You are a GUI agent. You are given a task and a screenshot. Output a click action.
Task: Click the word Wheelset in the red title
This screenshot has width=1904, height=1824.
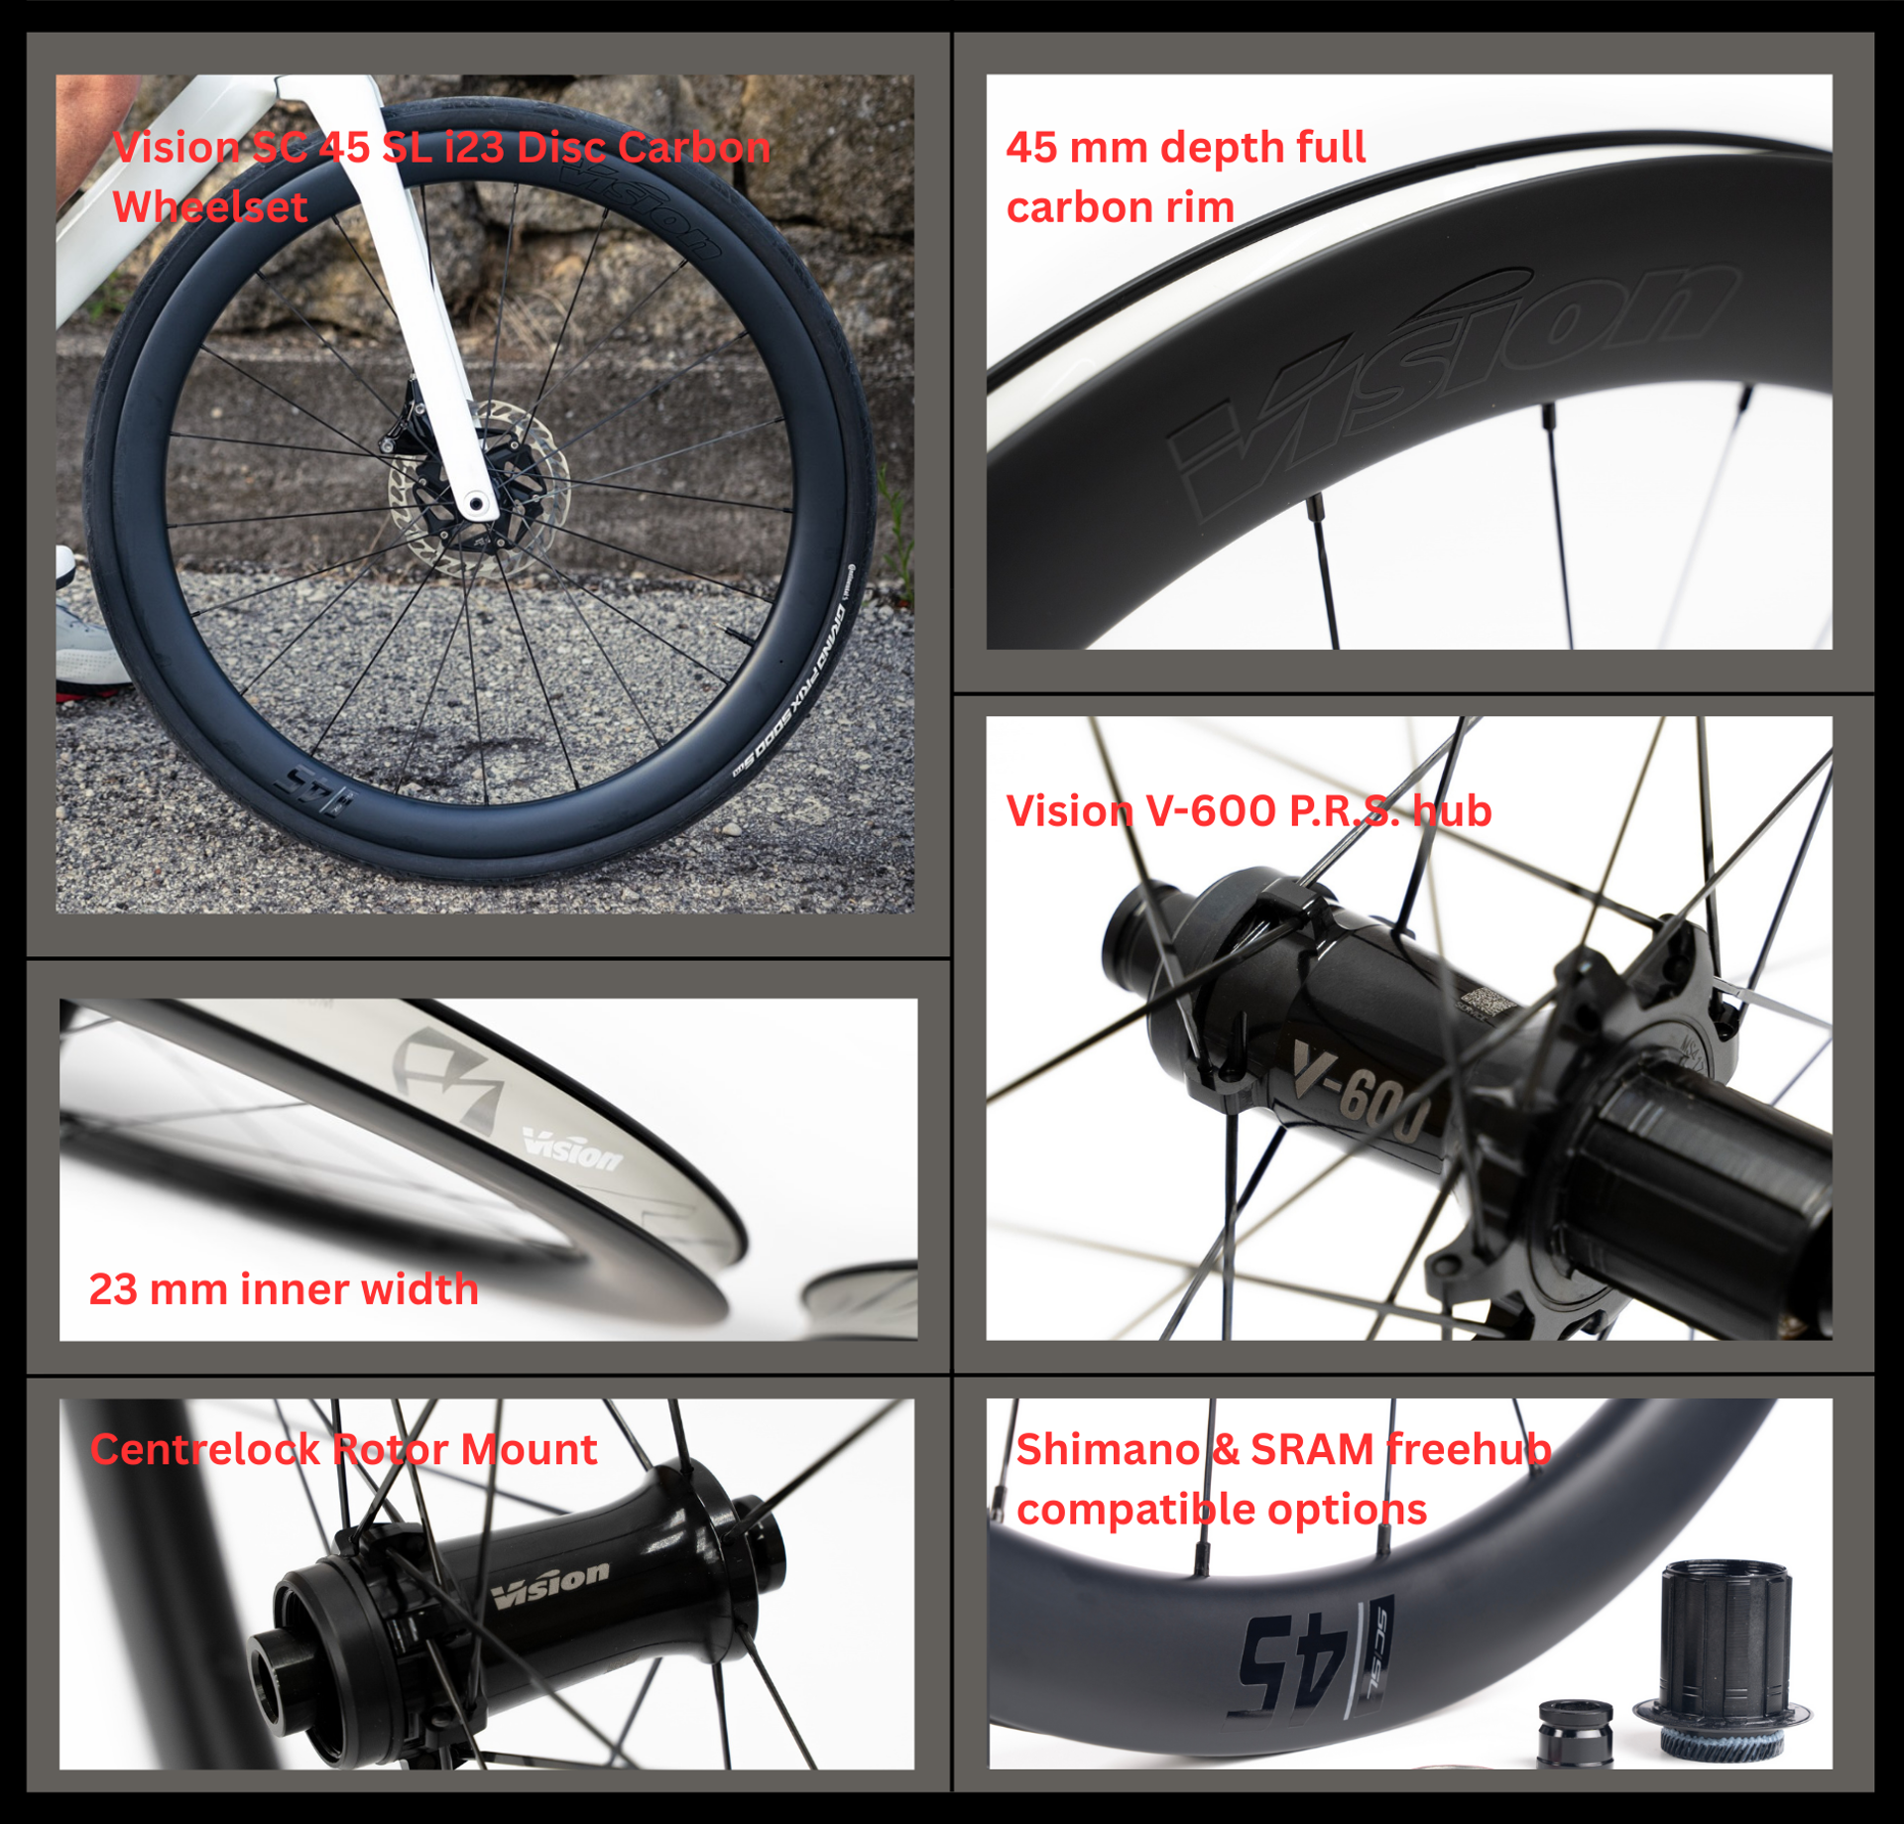click(209, 207)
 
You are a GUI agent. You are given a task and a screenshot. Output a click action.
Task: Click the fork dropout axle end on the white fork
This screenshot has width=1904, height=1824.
click(477, 504)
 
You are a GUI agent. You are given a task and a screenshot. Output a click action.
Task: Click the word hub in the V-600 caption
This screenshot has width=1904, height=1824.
click(1453, 810)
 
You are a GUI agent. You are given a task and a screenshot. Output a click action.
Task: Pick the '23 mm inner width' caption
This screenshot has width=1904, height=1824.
click(284, 1289)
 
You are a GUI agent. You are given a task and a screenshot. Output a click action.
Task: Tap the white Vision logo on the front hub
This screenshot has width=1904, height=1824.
click(551, 1585)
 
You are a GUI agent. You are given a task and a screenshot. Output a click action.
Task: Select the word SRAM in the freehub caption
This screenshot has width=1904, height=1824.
click(1313, 1449)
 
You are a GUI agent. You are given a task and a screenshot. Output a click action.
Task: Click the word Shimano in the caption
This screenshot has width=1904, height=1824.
click(1109, 1449)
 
